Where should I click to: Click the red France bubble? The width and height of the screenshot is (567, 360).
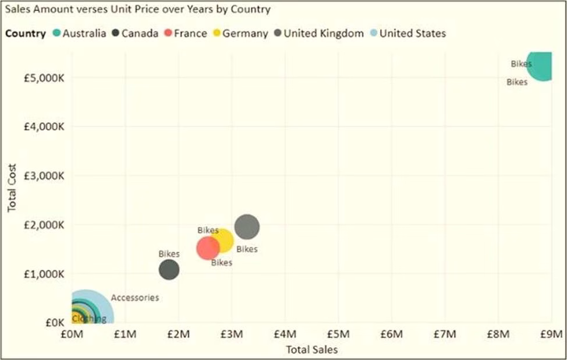pyautogui.click(x=207, y=248)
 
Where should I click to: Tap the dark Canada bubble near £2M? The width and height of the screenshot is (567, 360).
pyautogui.click(x=169, y=269)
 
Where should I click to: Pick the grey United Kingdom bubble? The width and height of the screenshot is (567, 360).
pyautogui.click(x=247, y=227)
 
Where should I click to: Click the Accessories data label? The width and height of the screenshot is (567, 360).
pyautogui.click(x=134, y=298)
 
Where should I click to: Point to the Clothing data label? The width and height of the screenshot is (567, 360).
pyautogui.click(x=89, y=319)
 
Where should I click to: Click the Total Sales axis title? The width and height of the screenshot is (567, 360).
pyautogui.click(x=311, y=350)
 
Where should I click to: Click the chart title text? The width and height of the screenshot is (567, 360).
pyautogui.click(x=137, y=9)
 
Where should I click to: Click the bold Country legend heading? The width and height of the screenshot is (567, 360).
pyautogui.click(x=25, y=33)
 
